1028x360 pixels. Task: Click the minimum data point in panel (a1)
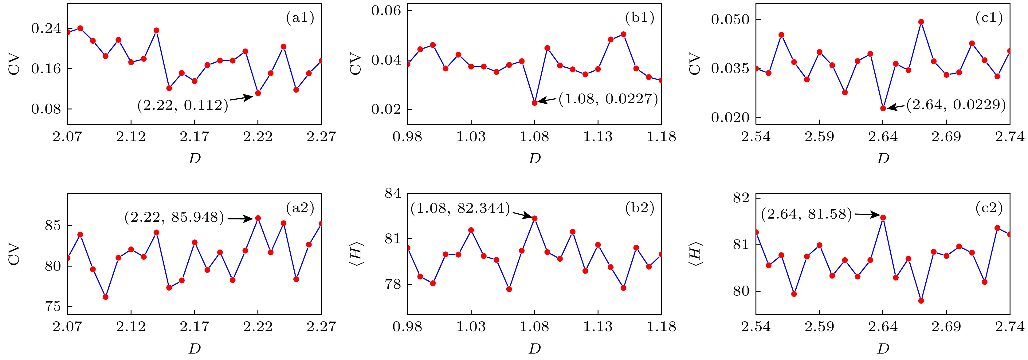tap(258, 93)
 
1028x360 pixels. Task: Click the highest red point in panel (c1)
tap(921, 22)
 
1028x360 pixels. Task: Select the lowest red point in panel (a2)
tap(105, 297)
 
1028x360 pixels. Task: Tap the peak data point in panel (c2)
tap(883, 218)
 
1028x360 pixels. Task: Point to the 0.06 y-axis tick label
tap(386, 11)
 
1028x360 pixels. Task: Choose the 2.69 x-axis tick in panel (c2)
tap(946, 327)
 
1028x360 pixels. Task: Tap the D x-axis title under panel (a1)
tap(194, 159)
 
